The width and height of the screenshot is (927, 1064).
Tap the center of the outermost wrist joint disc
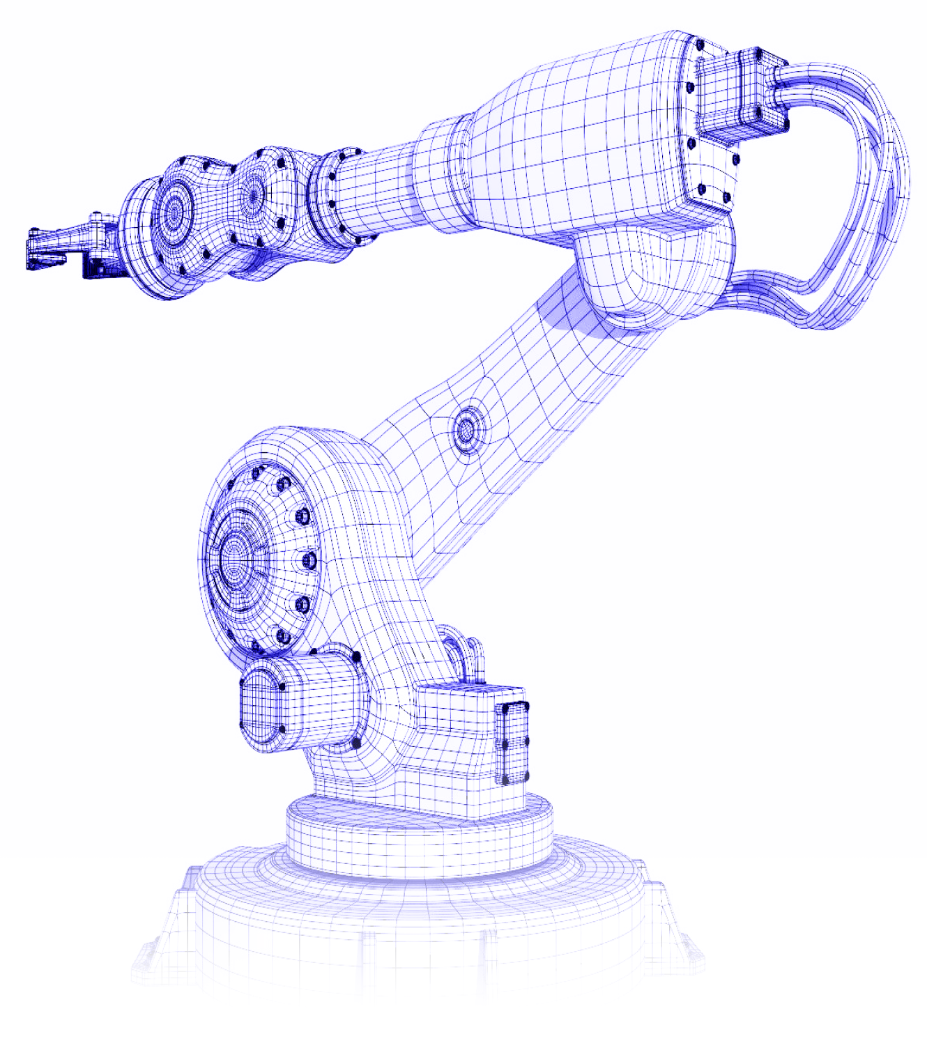point(172,210)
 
